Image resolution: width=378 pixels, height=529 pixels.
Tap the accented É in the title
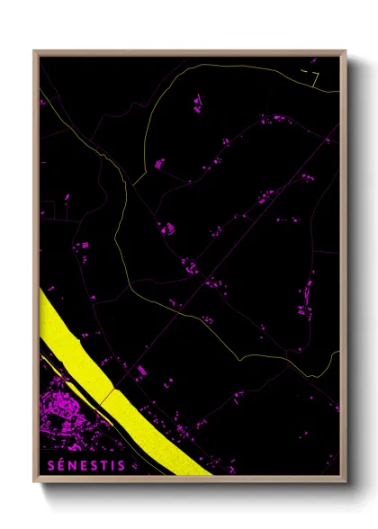tap(58, 465)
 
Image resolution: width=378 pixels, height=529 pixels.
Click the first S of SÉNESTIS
tap(48, 465)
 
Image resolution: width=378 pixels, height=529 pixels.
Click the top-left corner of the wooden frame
tap(35, 52)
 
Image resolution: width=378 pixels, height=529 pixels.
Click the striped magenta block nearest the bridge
tap(139, 371)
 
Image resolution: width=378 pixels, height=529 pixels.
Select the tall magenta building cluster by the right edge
tap(306, 292)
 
